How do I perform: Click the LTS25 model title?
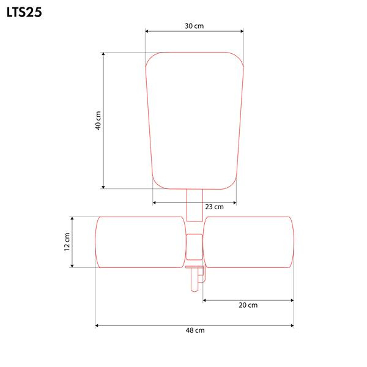[24, 12]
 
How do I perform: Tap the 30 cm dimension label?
[195, 26]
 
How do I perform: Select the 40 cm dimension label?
[98, 120]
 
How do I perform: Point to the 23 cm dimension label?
[215, 207]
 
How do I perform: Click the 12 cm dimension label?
[67, 242]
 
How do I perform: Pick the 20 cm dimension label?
[248, 305]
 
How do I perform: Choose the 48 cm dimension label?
[195, 330]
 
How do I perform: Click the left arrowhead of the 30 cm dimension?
[147, 31]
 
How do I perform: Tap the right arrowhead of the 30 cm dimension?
[242, 31]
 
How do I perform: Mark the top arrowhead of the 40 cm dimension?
[103, 54]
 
